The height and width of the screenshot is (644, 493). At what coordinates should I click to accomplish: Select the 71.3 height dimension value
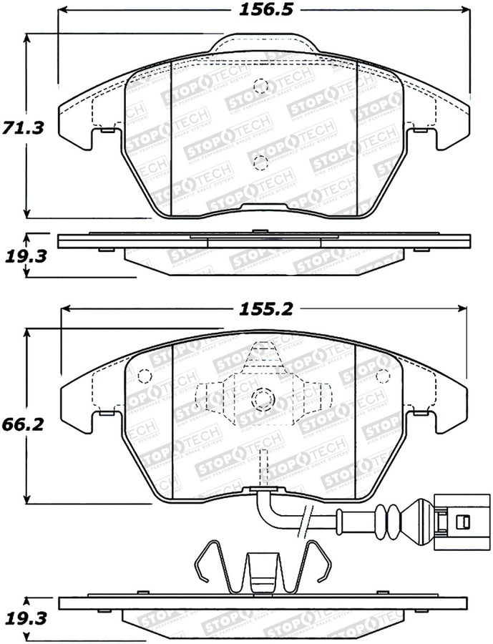[24, 127]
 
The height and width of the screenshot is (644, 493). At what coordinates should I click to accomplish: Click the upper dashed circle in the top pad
[261, 87]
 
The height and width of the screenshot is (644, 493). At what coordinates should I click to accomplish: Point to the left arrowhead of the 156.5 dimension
[63, 11]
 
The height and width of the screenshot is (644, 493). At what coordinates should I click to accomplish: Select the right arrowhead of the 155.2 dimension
[460, 308]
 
